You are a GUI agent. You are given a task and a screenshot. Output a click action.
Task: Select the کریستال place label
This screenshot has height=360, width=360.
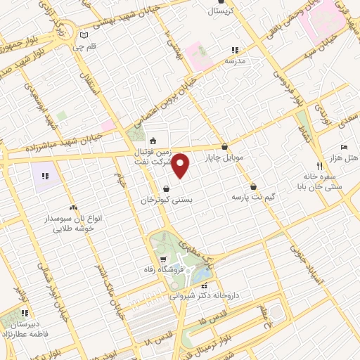point(215,11)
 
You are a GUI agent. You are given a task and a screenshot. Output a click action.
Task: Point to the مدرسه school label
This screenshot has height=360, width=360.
point(234,61)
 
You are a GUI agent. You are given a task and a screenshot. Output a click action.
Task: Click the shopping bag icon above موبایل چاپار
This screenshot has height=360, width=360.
point(224,147)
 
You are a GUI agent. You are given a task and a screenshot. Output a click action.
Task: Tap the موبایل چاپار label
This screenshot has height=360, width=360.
point(224,158)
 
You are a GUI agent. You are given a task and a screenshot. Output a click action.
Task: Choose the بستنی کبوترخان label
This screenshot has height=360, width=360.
point(166,200)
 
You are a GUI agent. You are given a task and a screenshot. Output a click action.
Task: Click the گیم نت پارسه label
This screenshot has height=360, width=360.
point(252,197)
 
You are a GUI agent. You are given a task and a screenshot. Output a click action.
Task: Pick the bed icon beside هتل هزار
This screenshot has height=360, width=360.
point(343,146)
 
